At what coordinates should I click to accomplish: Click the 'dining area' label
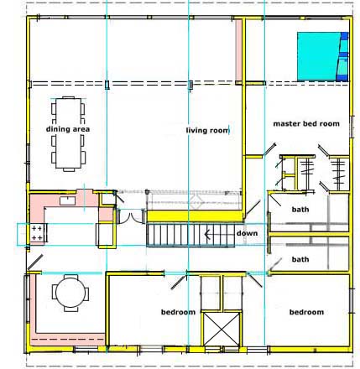(x=68, y=129)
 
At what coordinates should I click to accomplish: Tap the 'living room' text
(x=207, y=130)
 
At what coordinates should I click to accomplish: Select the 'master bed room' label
(x=306, y=123)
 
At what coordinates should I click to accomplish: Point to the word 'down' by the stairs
(x=247, y=233)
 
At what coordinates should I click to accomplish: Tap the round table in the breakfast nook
(x=70, y=293)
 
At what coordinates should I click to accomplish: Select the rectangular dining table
(x=68, y=133)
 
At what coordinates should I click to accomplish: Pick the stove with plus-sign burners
(x=39, y=233)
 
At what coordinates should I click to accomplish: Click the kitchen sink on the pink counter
(x=67, y=200)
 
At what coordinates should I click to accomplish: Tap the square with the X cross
(x=222, y=330)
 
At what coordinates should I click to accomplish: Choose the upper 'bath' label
(x=300, y=210)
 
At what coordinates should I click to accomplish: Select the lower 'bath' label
(x=300, y=259)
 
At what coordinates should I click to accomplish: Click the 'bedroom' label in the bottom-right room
(x=306, y=312)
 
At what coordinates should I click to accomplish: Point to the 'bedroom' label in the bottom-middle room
(x=178, y=312)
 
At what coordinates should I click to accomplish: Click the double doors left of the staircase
(x=131, y=216)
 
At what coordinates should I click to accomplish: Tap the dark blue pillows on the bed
(x=344, y=57)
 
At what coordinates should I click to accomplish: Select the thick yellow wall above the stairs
(x=195, y=216)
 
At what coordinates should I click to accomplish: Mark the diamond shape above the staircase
(x=196, y=201)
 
